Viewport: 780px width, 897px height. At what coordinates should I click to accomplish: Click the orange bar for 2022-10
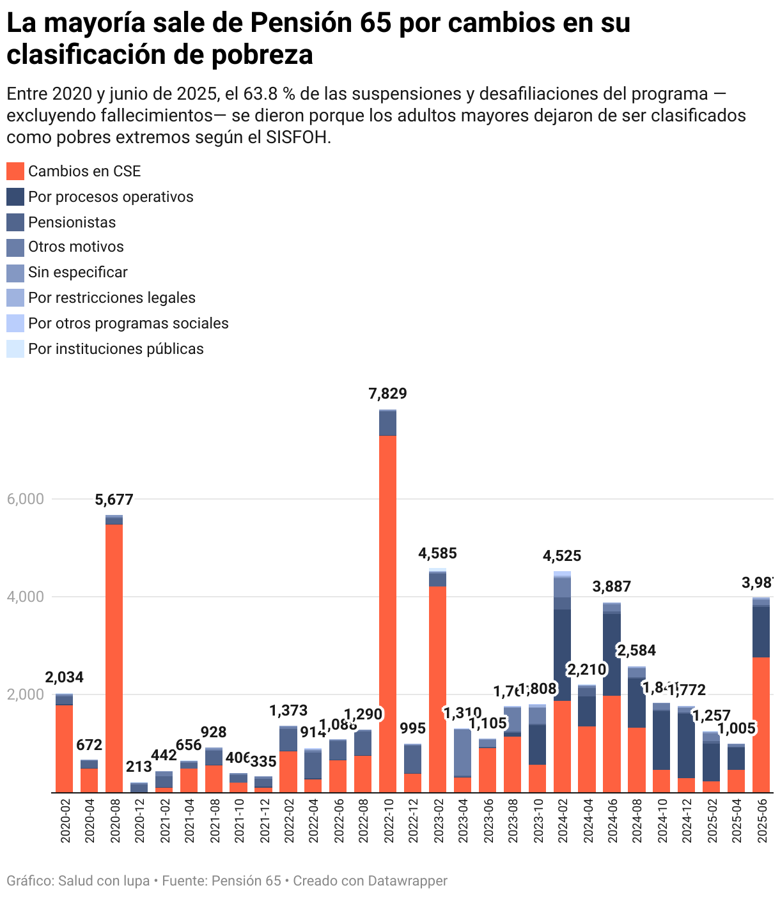pyautogui.click(x=387, y=613)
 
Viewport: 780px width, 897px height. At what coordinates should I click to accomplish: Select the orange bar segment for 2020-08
pyautogui.click(x=114, y=658)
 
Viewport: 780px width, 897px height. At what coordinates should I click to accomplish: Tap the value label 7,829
pyautogui.click(x=387, y=394)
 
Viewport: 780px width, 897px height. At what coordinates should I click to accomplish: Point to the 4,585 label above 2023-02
pyautogui.click(x=437, y=553)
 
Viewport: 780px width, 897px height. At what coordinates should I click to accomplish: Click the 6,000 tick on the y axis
pyautogui.click(x=25, y=499)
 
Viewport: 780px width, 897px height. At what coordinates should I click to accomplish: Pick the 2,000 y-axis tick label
pyautogui.click(x=25, y=694)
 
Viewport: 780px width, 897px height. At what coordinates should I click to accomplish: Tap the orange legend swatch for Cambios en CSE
pyautogui.click(x=15, y=171)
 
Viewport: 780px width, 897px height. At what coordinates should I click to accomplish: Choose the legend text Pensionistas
pyautogui.click(x=72, y=222)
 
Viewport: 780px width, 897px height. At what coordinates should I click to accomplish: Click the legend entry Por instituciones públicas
pyautogui.click(x=116, y=349)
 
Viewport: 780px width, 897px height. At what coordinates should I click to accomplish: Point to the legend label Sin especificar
pyautogui.click(x=77, y=272)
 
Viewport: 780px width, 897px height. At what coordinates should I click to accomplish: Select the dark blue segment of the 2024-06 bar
pyautogui.click(x=612, y=655)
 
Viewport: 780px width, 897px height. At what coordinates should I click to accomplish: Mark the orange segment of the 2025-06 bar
pyautogui.click(x=761, y=725)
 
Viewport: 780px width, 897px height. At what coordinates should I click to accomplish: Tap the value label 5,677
pyautogui.click(x=114, y=500)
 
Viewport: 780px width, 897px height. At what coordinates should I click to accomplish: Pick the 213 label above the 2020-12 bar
pyautogui.click(x=136, y=767)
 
